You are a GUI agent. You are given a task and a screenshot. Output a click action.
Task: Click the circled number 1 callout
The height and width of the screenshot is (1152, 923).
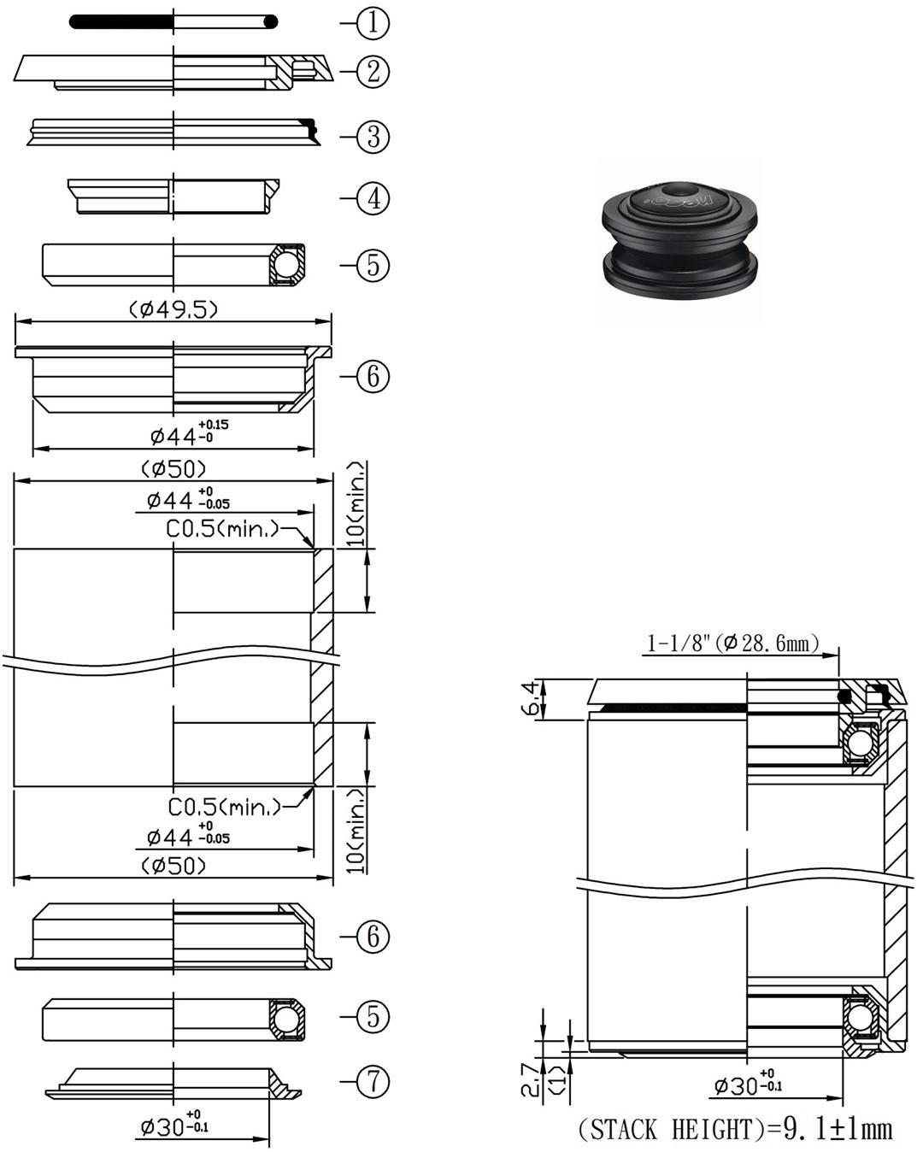(373, 23)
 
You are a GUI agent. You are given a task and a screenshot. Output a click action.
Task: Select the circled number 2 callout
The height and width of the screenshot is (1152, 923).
(373, 72)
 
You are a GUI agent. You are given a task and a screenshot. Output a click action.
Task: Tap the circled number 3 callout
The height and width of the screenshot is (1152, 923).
(373, 137)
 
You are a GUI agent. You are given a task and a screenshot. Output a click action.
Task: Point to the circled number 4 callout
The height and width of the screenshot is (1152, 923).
(373, 199)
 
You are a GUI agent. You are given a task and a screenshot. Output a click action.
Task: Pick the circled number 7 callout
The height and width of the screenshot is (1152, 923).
(373, 1083)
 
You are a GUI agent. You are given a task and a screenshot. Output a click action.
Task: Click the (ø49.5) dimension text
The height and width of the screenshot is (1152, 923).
(173, 309)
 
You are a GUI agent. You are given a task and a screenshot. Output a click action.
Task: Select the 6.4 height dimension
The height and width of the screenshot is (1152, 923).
(532, 699)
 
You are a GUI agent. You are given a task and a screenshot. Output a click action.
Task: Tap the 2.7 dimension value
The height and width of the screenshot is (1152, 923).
(532, 1078)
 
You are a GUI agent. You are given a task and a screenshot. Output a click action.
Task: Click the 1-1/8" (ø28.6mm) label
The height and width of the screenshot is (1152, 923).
(732, 643)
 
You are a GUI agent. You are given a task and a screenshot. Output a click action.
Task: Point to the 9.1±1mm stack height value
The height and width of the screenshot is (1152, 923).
(838, 1129)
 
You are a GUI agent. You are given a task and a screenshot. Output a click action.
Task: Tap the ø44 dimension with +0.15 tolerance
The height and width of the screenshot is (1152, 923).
(189, 433)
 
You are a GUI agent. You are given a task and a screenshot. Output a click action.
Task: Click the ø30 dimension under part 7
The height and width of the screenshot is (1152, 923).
(174, 1127)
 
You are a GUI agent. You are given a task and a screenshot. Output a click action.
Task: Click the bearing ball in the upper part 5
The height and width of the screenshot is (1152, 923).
(288, 263)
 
